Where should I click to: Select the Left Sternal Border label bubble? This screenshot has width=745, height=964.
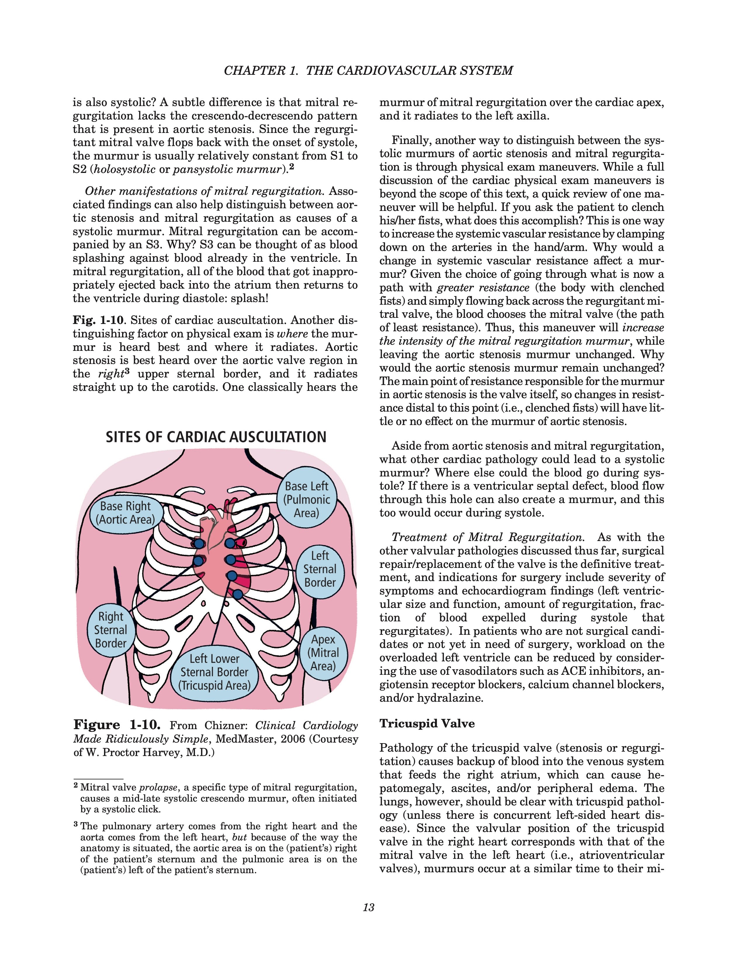click(320, 569)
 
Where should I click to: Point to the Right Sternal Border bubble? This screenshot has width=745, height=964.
click(110, 630)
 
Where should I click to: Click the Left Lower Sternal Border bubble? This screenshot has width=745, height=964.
click(214, 672)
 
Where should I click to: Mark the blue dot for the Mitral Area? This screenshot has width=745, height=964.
click(238, 594)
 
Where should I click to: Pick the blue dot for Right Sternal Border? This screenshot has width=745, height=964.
click(199, 561)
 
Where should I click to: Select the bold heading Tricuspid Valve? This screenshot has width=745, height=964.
click(427, 724)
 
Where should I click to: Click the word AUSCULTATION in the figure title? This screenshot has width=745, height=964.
click(278, 437)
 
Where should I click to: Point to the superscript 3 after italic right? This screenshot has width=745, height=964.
click(128, 371)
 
